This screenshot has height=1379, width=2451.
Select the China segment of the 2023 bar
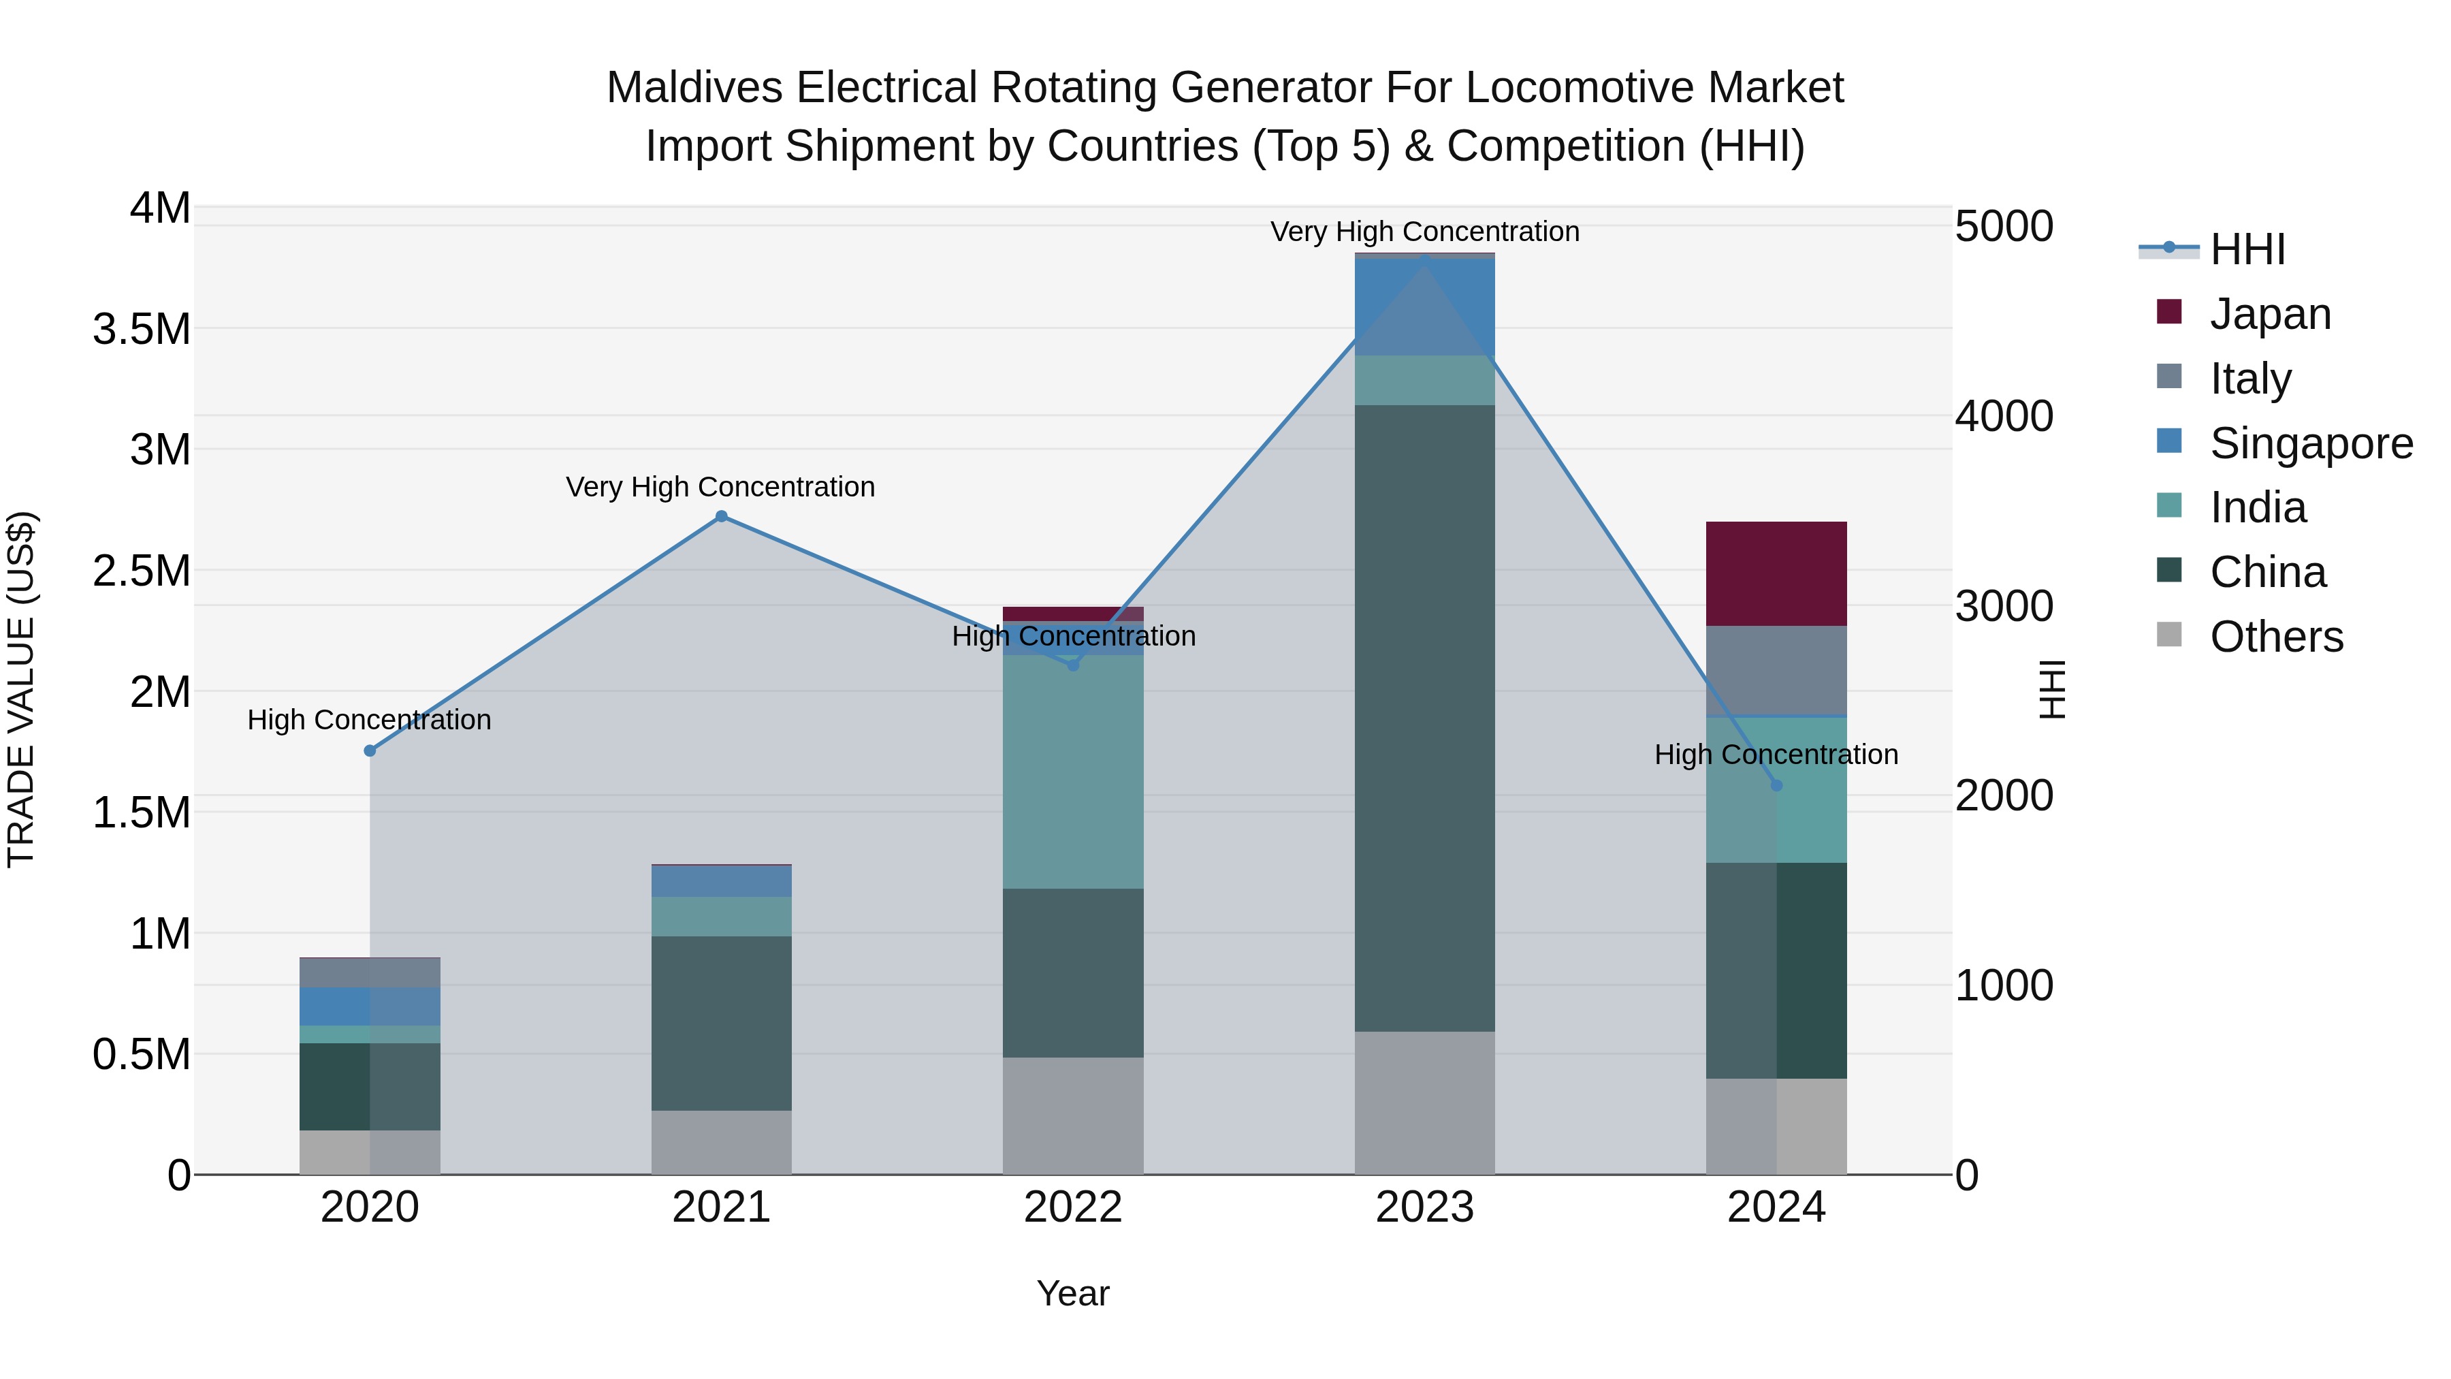click(x=1424, y=718)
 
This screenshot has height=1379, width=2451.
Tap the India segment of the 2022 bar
click(x=1072, y=771)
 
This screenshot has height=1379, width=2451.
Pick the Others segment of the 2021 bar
click(x=721, y=1142)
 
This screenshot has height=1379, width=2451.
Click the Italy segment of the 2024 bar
click(x=1776, y=670)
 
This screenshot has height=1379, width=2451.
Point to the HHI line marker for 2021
click(x=721, y=516)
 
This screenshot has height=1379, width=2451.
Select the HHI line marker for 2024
click(x=1776, y=785)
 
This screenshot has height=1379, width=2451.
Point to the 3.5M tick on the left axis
click(x=141, y=330)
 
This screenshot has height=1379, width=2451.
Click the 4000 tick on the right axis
click(x=2004, y=416)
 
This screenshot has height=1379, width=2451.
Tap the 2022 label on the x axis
click(x=1072, y=1207)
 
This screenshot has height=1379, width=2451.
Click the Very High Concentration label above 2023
click(x=1424, y=232)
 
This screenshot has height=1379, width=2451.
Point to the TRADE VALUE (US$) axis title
click(x=21, y=689)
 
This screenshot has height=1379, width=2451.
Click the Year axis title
click(x=1072, y=1293)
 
